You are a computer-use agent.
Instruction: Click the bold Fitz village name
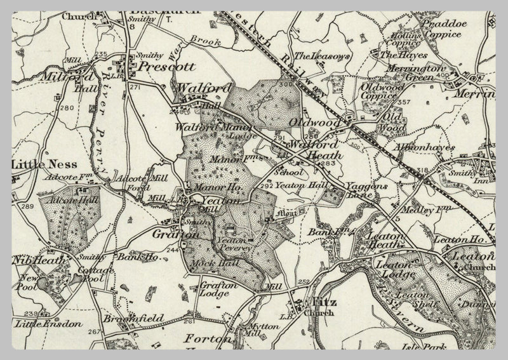coord(322,302)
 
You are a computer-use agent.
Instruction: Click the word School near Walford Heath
coord(290,172)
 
